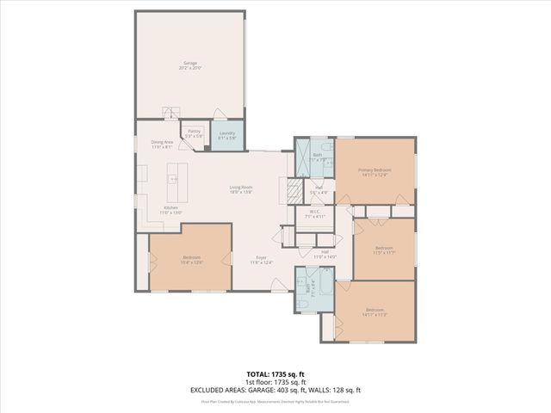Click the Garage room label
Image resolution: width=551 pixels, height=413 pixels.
point(190,65)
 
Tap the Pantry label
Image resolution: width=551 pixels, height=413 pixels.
point(195,134)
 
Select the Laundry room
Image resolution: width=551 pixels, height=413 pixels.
point(227,135)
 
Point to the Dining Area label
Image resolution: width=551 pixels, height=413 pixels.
point(162,144)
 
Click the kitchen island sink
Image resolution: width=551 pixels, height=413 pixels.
point(172,178)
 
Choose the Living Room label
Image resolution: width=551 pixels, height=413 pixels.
point(240,189)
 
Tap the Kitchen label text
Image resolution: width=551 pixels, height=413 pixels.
point(170,210)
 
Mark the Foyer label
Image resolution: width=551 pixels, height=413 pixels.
point(261,259)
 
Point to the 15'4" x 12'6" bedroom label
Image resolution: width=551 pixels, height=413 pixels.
point(191,259)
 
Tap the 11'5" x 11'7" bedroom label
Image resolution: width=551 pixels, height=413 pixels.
point(382,250)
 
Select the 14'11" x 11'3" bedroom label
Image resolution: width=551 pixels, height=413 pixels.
point(375,311)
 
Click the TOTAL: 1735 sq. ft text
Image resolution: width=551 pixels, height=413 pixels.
point(275,375)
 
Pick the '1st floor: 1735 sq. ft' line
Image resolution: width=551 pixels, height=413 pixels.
point(275,383)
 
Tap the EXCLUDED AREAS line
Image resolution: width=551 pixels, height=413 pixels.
point(275,391)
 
